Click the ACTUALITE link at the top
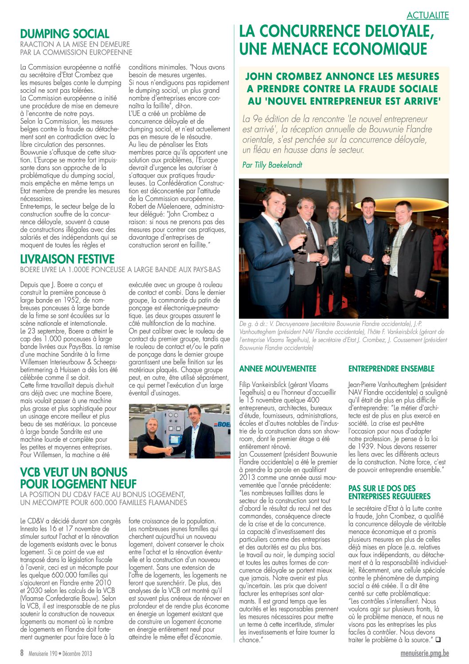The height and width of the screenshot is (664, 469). click(427, 16)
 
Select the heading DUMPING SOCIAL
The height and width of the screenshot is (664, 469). click(65, 34)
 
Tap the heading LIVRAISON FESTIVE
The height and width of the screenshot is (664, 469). click(67, 259)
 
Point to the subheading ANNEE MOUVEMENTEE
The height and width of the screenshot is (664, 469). click(277, 368)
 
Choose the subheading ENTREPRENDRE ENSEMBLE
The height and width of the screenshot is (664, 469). click(391, 368)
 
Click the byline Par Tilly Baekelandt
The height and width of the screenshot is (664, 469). click(272, 165)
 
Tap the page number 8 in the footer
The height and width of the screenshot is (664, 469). click(22, 653)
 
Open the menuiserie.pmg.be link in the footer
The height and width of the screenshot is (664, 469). click(424, 653)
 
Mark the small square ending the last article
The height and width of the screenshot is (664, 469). click(438, 640)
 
